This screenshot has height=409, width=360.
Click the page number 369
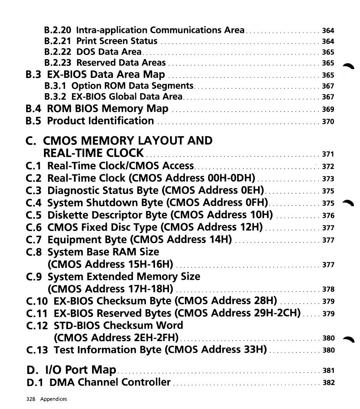(328, 110)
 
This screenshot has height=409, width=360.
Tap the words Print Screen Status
(117, 41)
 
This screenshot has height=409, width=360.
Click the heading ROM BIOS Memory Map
(108, 109)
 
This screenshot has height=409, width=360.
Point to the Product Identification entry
(100, 121)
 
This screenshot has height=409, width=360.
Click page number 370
(328, 122)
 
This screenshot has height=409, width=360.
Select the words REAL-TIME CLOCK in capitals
(94, 153)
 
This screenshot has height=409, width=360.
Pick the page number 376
(328, 216)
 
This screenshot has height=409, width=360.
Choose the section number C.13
(37, 350)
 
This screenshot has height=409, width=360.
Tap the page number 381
(328, 371)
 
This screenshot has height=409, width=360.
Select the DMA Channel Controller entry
(110, 382)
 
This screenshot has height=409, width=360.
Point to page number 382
(328, 383)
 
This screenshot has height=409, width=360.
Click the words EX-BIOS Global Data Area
(127, 97)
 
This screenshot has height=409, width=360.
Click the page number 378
(328, 290)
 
